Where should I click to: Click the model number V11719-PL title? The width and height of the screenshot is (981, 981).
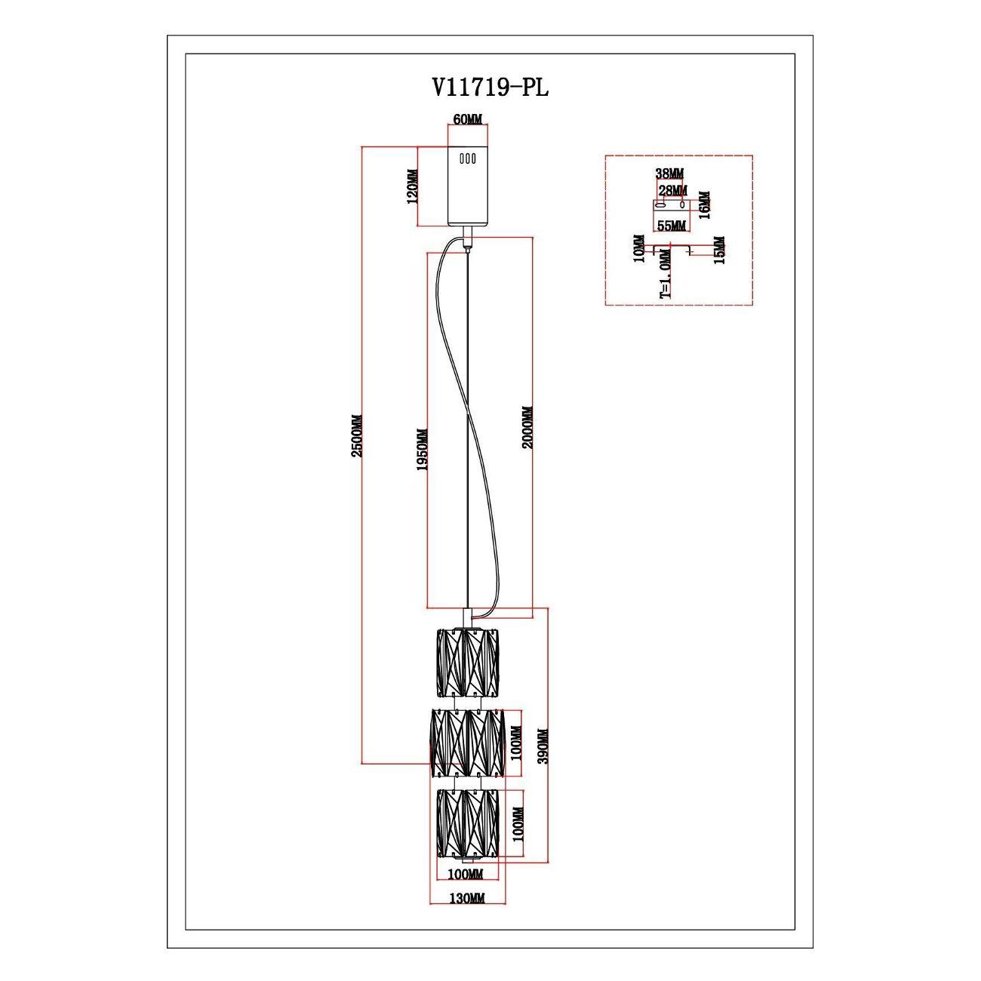pyautogui.click(x=490, y=88)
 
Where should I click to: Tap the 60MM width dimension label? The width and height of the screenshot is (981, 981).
pyautogui.click(x=467, y=120)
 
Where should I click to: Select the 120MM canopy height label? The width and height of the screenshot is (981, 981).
pyautogui.click(x=413, y=186)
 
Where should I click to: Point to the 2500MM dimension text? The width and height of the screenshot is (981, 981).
pyautogui.click(x=357, y=435)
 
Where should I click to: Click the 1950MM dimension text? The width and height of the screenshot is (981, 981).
pyautogui.click(x=422, y=450)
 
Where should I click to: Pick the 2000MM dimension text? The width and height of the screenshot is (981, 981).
pyautogui.click(x=527, y=428)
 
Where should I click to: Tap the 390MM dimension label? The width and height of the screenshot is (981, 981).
pyautogui.click(x=543, y=746)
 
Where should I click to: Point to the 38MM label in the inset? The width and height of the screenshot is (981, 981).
pyautogui.click(x=669, y=174)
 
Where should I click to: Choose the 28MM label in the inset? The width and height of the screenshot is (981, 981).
pyautogui.click(x=672, y=190)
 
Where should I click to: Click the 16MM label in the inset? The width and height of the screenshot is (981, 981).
pyautogui.click(x=704, y=205)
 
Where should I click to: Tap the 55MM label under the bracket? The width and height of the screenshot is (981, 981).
pyautogui.click(x=671, y=226)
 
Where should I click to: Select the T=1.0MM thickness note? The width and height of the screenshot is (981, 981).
pyautogui.click(x=666, y=273)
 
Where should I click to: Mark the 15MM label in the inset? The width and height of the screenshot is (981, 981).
pyautogui.click(x=719, y=250)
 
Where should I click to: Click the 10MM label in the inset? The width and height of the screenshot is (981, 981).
pyautogui.click(x=638, y=248)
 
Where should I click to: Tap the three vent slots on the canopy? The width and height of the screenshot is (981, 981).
pyautogui.click(x=467, y=158)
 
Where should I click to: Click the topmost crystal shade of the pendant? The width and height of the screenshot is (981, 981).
pyautogui.click(x=468, y=663)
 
